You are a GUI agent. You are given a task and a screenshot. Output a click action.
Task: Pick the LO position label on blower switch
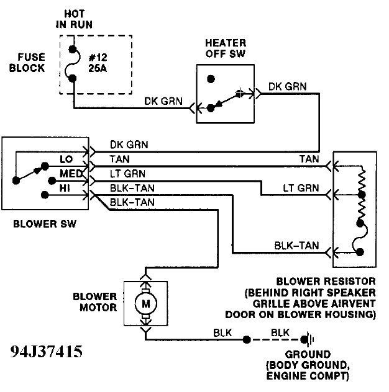[x=66, y=160]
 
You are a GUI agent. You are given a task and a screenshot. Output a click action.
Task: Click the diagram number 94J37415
[x=46, y=353]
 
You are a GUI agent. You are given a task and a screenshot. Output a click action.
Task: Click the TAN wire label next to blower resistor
[x=308, y=159]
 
